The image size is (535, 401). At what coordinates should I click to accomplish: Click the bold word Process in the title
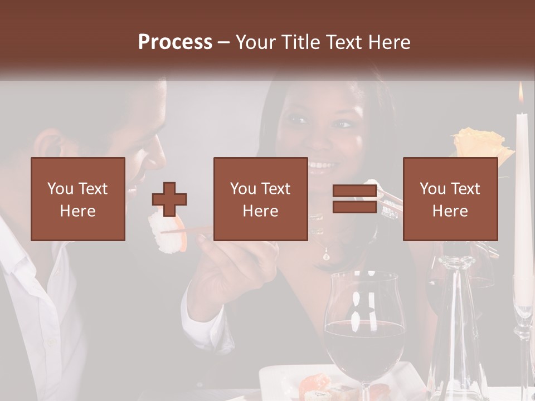click(175, 42)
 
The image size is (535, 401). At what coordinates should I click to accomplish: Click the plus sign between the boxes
click(169, 199)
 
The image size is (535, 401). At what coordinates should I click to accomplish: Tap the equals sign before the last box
click(354, 199)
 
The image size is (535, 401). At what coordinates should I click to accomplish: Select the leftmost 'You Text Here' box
click(78, 199)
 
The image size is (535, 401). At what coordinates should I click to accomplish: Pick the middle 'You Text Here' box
click(261, 199)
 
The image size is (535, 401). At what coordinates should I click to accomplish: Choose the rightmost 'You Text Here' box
click(450, 199)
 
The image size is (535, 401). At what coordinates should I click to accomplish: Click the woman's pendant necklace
click(326, 255)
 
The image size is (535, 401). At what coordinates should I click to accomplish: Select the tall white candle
click(523, 195)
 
